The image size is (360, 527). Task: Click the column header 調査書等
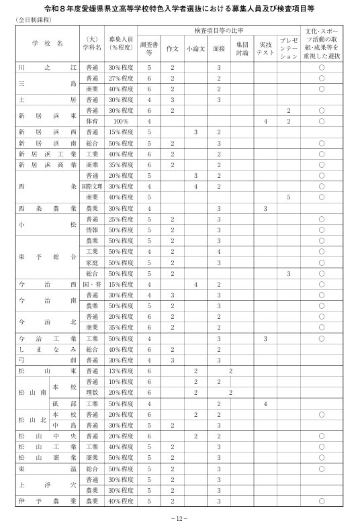click(x=149, y=48)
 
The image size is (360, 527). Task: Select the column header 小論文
click(x=195, y=48)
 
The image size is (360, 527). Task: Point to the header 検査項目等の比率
click(x=218, y=32)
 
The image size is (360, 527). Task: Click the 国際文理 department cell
click(x=92, y=187)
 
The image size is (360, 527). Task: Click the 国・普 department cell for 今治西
click(x=92, y=284)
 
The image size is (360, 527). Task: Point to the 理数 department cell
click(x=92, y=392)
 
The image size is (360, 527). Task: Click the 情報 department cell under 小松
click(x=92, y=230)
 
